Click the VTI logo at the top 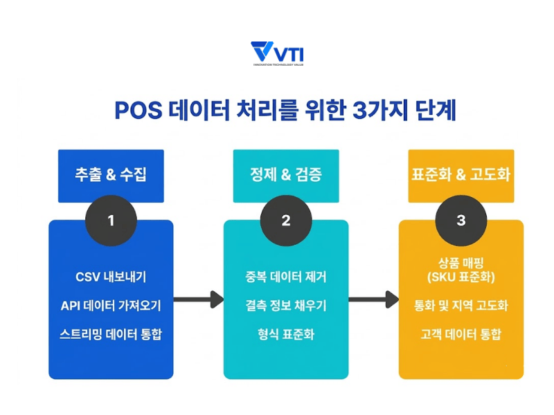(277, 53)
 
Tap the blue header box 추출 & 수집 (111, 175)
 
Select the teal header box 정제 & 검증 (286, 175)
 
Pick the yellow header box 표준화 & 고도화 (461, 175)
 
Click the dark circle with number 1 (111, 221)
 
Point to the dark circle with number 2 (286, 221)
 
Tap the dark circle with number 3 (461, 221)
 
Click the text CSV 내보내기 (111, 277)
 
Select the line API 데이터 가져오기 (111, 305)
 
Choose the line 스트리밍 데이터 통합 (111, 334)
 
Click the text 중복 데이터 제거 (286, 277)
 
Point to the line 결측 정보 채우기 (286, 305)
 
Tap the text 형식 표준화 (286, 334)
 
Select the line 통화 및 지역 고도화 (461, 305)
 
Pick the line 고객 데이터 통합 (461, 334)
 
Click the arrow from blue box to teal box (198, 299)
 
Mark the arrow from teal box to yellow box (374, 299)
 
